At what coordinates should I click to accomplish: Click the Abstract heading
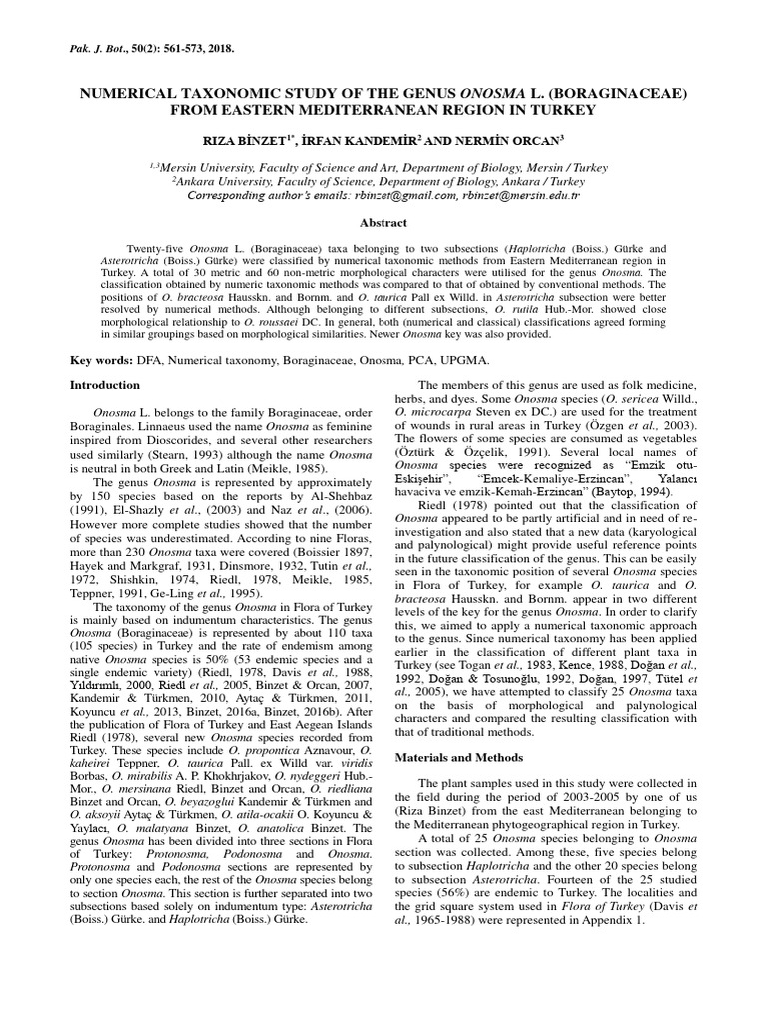(383, 226)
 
